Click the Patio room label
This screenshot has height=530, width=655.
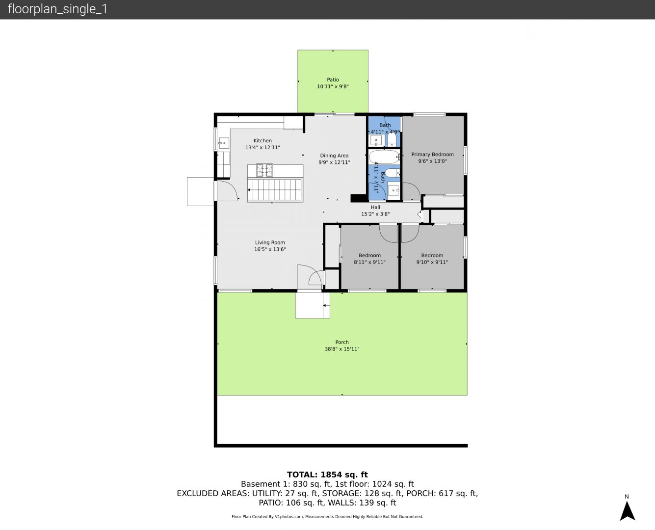(333, 79)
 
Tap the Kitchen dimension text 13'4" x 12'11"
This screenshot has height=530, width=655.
(262, 147)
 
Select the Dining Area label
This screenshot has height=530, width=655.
(334, 156)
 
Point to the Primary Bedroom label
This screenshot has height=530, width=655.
(432, 155)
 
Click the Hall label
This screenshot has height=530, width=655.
(375, 207)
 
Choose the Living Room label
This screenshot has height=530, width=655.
(270, 243)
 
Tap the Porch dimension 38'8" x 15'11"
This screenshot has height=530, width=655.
(342, 349)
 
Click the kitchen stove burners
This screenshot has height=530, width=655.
(264, 170)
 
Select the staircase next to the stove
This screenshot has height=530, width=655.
(275, 190)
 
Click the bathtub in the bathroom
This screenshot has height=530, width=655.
(384, 157)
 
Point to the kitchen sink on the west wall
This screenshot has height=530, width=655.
(224, 143)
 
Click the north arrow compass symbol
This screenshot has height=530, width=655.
(627, 511)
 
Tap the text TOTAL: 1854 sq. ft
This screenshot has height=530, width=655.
(327, 475)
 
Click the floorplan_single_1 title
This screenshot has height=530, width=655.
(57, 9)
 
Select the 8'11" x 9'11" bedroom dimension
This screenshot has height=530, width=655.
(369, 262)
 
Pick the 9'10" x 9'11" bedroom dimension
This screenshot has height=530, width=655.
(432, 262)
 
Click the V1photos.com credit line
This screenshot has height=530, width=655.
(327, 516)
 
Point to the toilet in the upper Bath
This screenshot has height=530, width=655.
(392, 139)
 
